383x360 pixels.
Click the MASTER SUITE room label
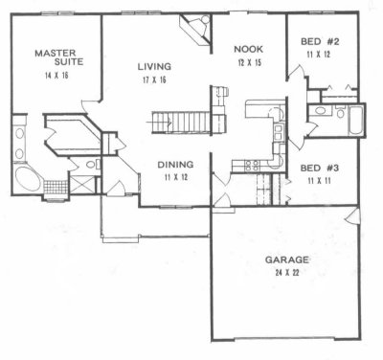coord(59,57)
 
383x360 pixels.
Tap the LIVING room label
coord(154,66)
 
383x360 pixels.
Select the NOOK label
coord(249,49)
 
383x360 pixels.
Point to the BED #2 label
coord(320,41)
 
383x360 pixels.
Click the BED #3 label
coord(320,168)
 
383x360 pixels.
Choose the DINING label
coord(175,165)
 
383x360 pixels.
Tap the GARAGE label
coord(287,259)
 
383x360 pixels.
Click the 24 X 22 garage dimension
coord(287,273)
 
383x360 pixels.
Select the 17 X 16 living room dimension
coord(154,79)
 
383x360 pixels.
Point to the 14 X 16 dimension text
coord(57,76)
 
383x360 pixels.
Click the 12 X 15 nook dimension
coord(250,62)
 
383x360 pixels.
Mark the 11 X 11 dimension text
coord(319,181)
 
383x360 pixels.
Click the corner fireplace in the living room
coord(196,30)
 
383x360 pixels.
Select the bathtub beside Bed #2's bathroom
coord(356,121)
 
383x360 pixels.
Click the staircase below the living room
coord(181,122)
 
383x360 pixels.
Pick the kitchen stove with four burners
coord(252,166)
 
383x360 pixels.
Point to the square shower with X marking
coord(82,184)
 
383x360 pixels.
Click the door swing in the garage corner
coord(352,216)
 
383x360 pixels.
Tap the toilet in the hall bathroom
coord(341,112)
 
